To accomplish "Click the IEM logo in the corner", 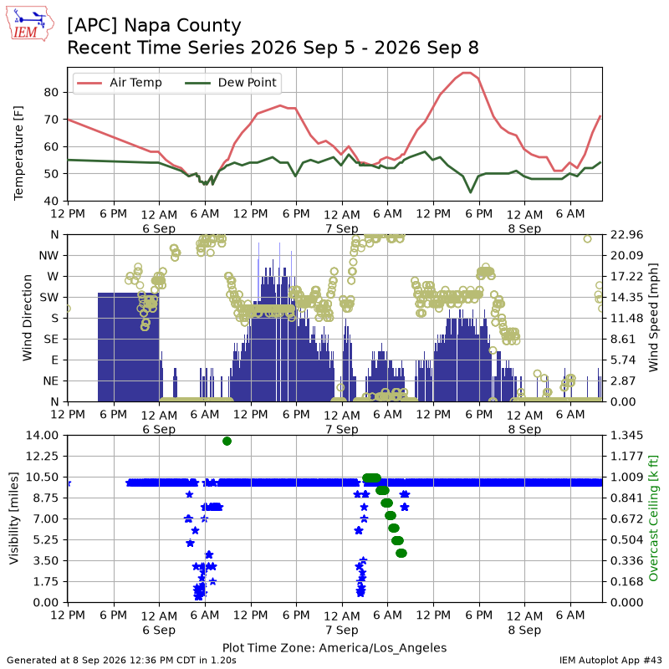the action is [x=29, y=23].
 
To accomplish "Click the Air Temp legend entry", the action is [x=119, y=82].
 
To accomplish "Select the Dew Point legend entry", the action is [x=231, y=82].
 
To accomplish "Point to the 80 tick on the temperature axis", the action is [x=51, y=92].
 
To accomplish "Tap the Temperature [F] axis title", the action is [x=18, y=153].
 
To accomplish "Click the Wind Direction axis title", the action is [x=27, y=318].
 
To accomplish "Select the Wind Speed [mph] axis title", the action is [x=653, y=318].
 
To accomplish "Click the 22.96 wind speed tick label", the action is [x=626, y=235].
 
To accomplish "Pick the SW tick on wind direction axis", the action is [x=49, y=297].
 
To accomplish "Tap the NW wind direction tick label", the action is [x=49, y=256].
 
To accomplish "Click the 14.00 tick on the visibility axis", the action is [x=43, y=435].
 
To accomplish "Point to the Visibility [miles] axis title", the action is [x=13, y=518].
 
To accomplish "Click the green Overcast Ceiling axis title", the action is [x=653, y=518].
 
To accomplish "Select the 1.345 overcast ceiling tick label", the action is [x=626, y=435].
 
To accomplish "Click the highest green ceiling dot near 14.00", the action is [x=227, y=442].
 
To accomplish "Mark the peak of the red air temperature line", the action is [x=467, y=73].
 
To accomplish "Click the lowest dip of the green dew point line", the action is [x=471, y=192].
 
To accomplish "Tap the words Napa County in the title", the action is [x=182, y=26].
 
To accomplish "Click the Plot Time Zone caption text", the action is [x=334, y=647].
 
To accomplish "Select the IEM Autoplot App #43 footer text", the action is [x=610, y=661].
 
